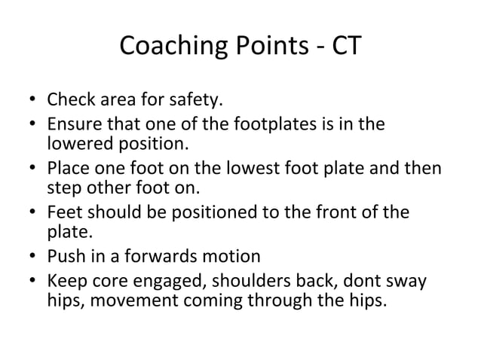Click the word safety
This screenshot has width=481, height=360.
pos(173,99)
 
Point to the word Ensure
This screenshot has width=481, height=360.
pos(72,124)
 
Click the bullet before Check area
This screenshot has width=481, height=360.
pos(32,100)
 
